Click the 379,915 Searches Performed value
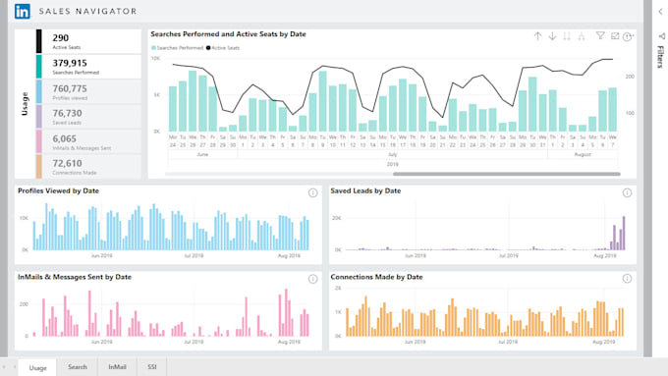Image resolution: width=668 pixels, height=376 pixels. click(x=78, y=63)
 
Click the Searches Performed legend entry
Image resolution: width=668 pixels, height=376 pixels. click(x=178, y=47)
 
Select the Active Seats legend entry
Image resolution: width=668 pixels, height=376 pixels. click(x=228, y=47)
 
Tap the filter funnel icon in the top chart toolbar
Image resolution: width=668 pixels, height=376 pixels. click(x=600, y=36)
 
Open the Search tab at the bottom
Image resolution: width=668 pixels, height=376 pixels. click(x=78, y=367)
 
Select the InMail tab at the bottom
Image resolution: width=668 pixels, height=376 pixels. click(x=117, y=367)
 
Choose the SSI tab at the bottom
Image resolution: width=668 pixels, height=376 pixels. click(x=151, y=367)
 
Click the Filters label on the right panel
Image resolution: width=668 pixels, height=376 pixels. click(x=660, y=56)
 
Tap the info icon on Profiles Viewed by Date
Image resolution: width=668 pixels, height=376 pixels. click(x=312, y=192)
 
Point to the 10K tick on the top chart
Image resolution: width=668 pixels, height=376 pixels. click(x=155, y=59)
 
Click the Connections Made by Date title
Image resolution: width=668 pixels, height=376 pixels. click(x=376, y=278)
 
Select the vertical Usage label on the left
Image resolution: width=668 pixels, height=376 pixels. click(x=25, y=104)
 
